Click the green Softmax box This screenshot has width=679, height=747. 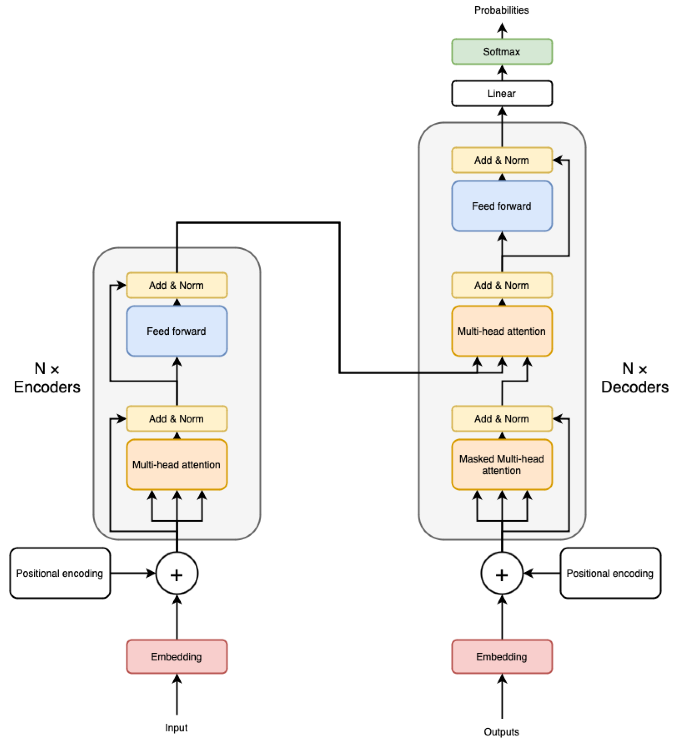point(502,51)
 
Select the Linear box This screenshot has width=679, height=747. point(502,93)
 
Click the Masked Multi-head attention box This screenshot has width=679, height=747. point(502,465)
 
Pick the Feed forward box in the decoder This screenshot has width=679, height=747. point(502,206)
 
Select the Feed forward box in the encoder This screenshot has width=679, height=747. point(177,331)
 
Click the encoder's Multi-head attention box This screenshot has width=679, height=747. point(177,465)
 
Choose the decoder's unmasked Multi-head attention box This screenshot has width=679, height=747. point(502,331)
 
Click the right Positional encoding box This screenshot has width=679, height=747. point(610,573)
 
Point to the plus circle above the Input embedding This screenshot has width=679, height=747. point(177,574)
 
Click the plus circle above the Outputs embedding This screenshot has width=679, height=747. point(502,574)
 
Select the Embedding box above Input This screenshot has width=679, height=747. point(177,657)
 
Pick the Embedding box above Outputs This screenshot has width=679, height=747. point(502,657)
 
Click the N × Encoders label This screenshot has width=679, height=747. point(47,378)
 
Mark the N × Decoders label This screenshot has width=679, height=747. point(635,378)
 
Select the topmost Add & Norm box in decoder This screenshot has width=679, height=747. point(502,160)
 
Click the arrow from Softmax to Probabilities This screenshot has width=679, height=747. point(502,31)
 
